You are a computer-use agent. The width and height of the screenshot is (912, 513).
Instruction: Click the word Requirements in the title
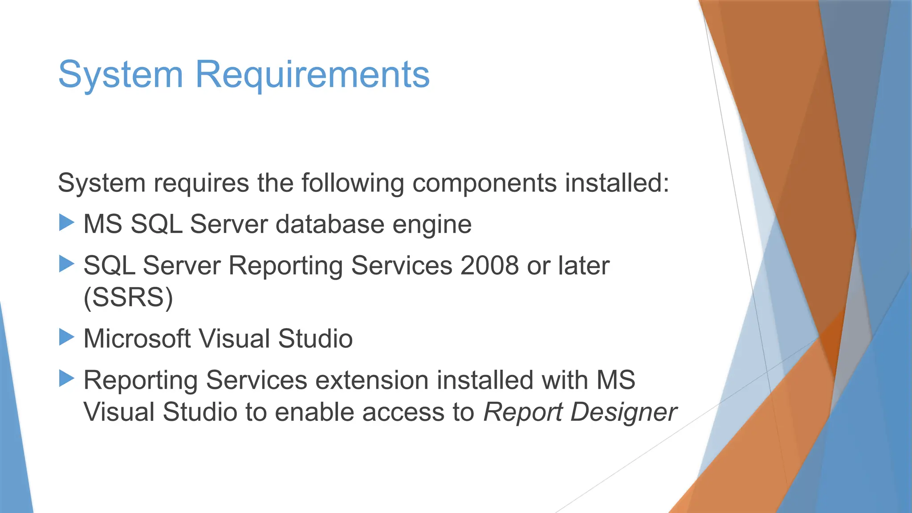click(312, 75)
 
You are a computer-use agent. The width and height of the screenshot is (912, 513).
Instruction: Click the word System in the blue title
click(120, 75)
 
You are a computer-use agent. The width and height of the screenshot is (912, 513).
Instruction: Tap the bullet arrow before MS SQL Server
click(66, 222)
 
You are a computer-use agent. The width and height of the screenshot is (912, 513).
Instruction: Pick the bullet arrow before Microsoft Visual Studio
click(66, 337)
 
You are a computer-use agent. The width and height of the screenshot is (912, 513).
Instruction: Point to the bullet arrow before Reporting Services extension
click(66, 379)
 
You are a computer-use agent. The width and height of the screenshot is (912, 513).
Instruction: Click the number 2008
click(489, 265)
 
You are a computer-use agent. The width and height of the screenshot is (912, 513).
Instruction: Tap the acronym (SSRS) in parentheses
click(128, 297)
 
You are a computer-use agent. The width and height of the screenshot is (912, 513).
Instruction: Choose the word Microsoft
click(137, 338)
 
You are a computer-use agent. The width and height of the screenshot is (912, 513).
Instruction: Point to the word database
click(330, 224)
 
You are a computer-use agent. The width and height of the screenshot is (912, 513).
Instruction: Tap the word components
click(484, 183)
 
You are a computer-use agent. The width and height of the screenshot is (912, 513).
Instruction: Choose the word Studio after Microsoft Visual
click(315, 338)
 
